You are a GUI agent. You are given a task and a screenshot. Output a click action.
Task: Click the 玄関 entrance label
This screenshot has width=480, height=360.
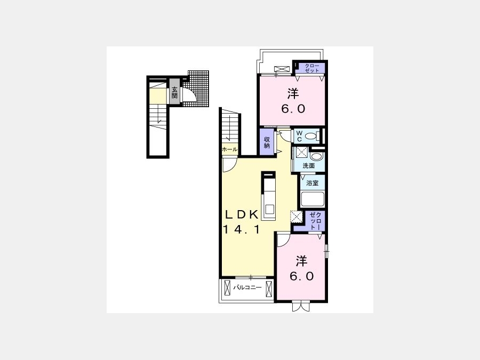(174, 92)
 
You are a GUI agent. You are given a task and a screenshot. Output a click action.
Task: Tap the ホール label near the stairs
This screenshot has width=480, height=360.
(229, 149)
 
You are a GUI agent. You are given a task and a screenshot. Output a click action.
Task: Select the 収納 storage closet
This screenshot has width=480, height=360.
(267, 142)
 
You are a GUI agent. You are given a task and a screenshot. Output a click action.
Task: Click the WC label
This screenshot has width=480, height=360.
(299, 136)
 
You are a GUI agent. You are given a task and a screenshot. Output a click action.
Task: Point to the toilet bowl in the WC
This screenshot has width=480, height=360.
(312, 135)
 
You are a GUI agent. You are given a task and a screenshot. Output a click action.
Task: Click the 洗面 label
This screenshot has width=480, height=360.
(309, 166)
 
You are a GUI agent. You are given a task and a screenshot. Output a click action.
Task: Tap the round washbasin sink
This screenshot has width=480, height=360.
(316, 156)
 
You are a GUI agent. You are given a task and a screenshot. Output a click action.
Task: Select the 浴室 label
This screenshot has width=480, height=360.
(312, 183)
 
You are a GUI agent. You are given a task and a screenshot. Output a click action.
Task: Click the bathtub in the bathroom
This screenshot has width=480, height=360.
(312, 199)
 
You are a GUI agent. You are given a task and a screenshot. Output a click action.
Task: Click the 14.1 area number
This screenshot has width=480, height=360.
(242, 229)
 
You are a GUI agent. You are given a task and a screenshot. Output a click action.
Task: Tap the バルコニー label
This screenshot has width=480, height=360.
(247, 287)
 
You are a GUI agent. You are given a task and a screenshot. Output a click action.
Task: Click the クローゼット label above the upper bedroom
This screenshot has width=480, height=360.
(312, 68)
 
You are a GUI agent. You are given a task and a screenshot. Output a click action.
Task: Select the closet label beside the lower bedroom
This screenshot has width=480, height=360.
(315, 221)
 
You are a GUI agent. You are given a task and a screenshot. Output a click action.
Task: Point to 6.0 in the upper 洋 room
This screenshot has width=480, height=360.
(293, 109)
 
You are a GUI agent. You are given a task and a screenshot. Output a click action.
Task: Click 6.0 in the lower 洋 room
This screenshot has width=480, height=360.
(302, 276)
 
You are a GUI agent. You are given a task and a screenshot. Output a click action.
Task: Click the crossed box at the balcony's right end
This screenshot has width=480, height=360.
(269, 289)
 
